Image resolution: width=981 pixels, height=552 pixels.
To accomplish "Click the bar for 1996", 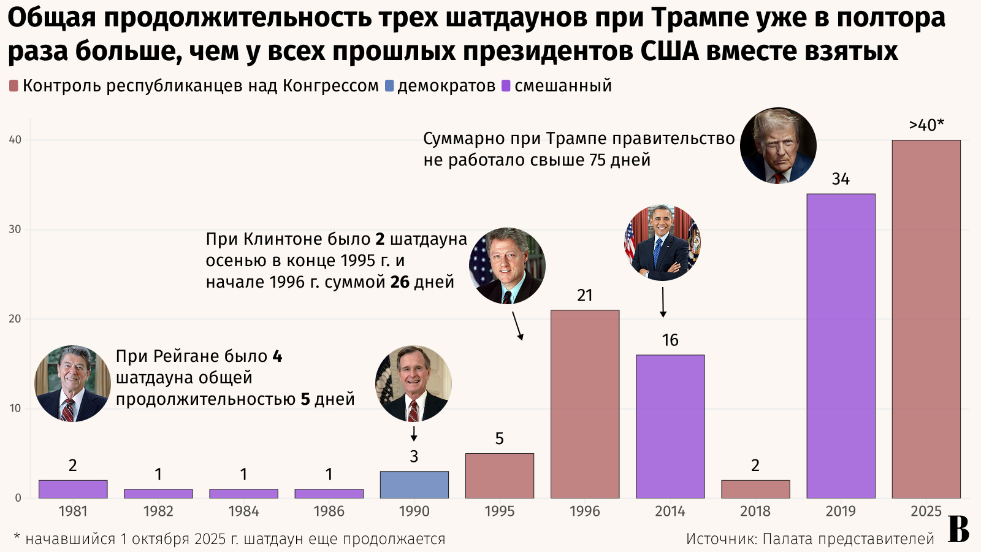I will pos(585,404).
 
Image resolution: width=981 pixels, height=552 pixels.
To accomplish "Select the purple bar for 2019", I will pos(841,346).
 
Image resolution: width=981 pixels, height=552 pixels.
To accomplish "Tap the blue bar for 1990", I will pos(414,485).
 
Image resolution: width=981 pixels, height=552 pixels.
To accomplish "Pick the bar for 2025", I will pos(926,319).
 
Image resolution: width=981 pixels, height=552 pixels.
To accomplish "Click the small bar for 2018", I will pos(755,489).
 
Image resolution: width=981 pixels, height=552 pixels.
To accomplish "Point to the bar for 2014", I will pos(670,426).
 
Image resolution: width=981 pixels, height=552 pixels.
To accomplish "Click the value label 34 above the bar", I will pos(841,179).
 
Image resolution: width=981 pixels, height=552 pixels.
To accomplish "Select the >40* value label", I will pos(926,125).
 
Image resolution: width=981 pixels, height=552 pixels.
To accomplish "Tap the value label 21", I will pos(585,296).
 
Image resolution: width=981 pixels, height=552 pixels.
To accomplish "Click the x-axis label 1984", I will pos(243,512).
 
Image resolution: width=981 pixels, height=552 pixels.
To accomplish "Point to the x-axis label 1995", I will pos(499,512).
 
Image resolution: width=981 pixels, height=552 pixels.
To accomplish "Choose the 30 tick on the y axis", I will pos(15,229).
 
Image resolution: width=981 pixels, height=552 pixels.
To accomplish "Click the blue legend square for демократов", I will pos(389,86).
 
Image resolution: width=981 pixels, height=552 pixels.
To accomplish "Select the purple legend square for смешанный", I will pos(506,86).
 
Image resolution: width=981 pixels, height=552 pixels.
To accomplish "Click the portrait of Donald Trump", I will pos(778,146).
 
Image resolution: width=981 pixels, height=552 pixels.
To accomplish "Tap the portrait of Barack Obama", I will pos(662,243).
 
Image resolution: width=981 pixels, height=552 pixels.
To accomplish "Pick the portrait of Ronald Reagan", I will pos(72,383).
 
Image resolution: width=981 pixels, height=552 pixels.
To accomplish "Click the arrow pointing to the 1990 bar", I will pos(414,434).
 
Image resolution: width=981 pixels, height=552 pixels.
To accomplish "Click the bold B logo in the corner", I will pos(959,530).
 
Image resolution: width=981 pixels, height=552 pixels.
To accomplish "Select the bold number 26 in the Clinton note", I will pos(400,282).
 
